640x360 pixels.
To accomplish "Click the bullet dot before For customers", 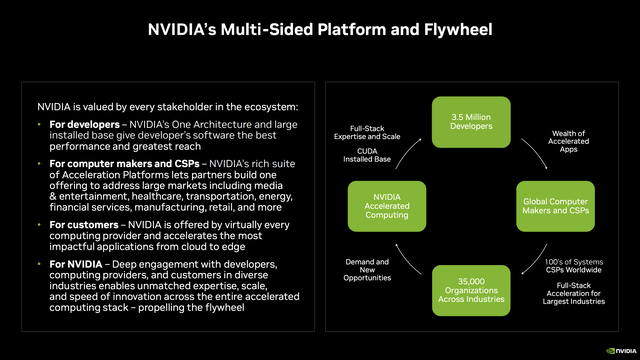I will tap(38, 225).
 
